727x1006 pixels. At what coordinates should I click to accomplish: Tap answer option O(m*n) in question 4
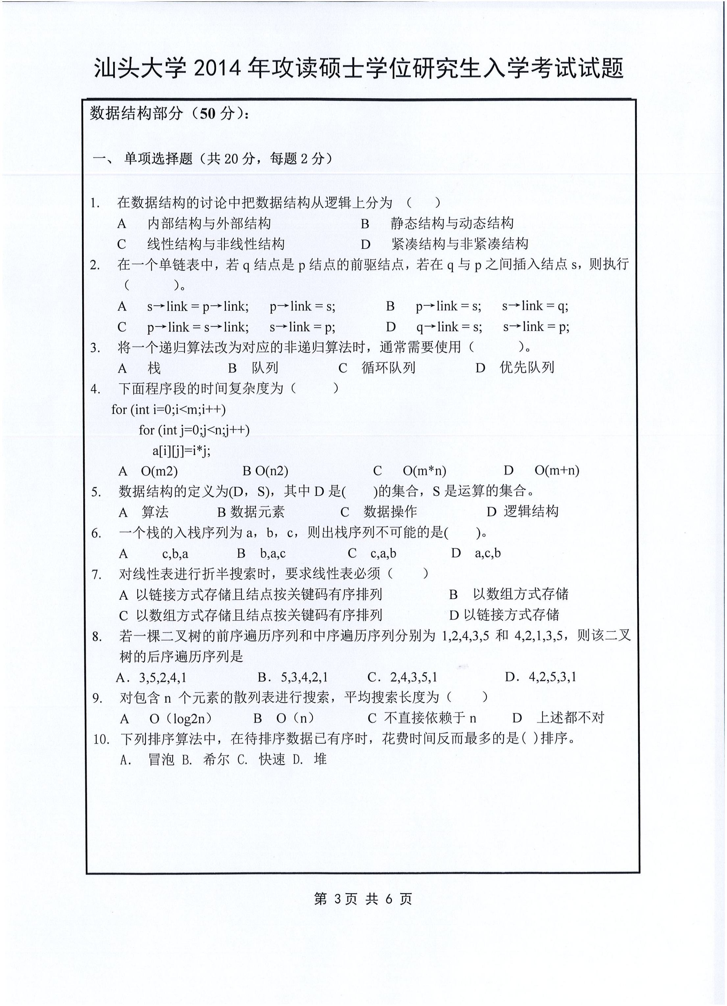(x=424, y=471)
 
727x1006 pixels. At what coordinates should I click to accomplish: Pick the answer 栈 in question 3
(x=154, y=368)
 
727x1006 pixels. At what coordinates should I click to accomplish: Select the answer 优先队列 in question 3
(x=527, y=367)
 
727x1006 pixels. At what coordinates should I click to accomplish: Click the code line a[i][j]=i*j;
(x=182, y=451)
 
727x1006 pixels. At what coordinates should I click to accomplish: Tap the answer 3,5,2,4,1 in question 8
(x=162, y=677)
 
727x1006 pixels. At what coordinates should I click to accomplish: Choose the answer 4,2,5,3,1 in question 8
(x=552, y=677)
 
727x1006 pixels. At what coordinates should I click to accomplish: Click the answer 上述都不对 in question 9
(x=570, y=718)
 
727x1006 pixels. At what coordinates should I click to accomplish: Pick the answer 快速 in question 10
(x=272, y=759)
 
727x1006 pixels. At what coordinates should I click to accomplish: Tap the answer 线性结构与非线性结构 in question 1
(x=216, y=244)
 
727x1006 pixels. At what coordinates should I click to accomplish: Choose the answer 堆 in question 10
(x=320, y=759)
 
